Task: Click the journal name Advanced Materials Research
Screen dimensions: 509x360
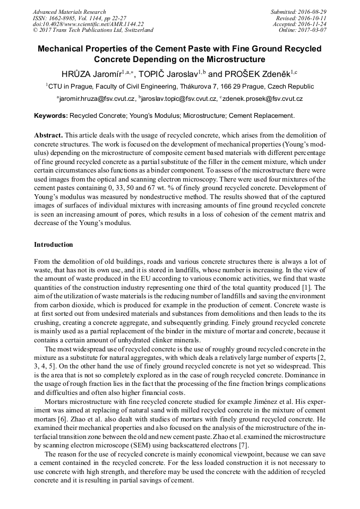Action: pyautogui.click(x=69, y=12)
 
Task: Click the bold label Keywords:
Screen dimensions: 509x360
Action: pyautogui.click(x=51, y=115)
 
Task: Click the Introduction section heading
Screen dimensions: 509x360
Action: pyautogui.click(x=54, y=245)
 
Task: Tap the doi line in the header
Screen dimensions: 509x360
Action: pyautogui.click(x=88, y=24)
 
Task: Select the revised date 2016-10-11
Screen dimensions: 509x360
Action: pyautogui.click(x=313, y=18)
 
